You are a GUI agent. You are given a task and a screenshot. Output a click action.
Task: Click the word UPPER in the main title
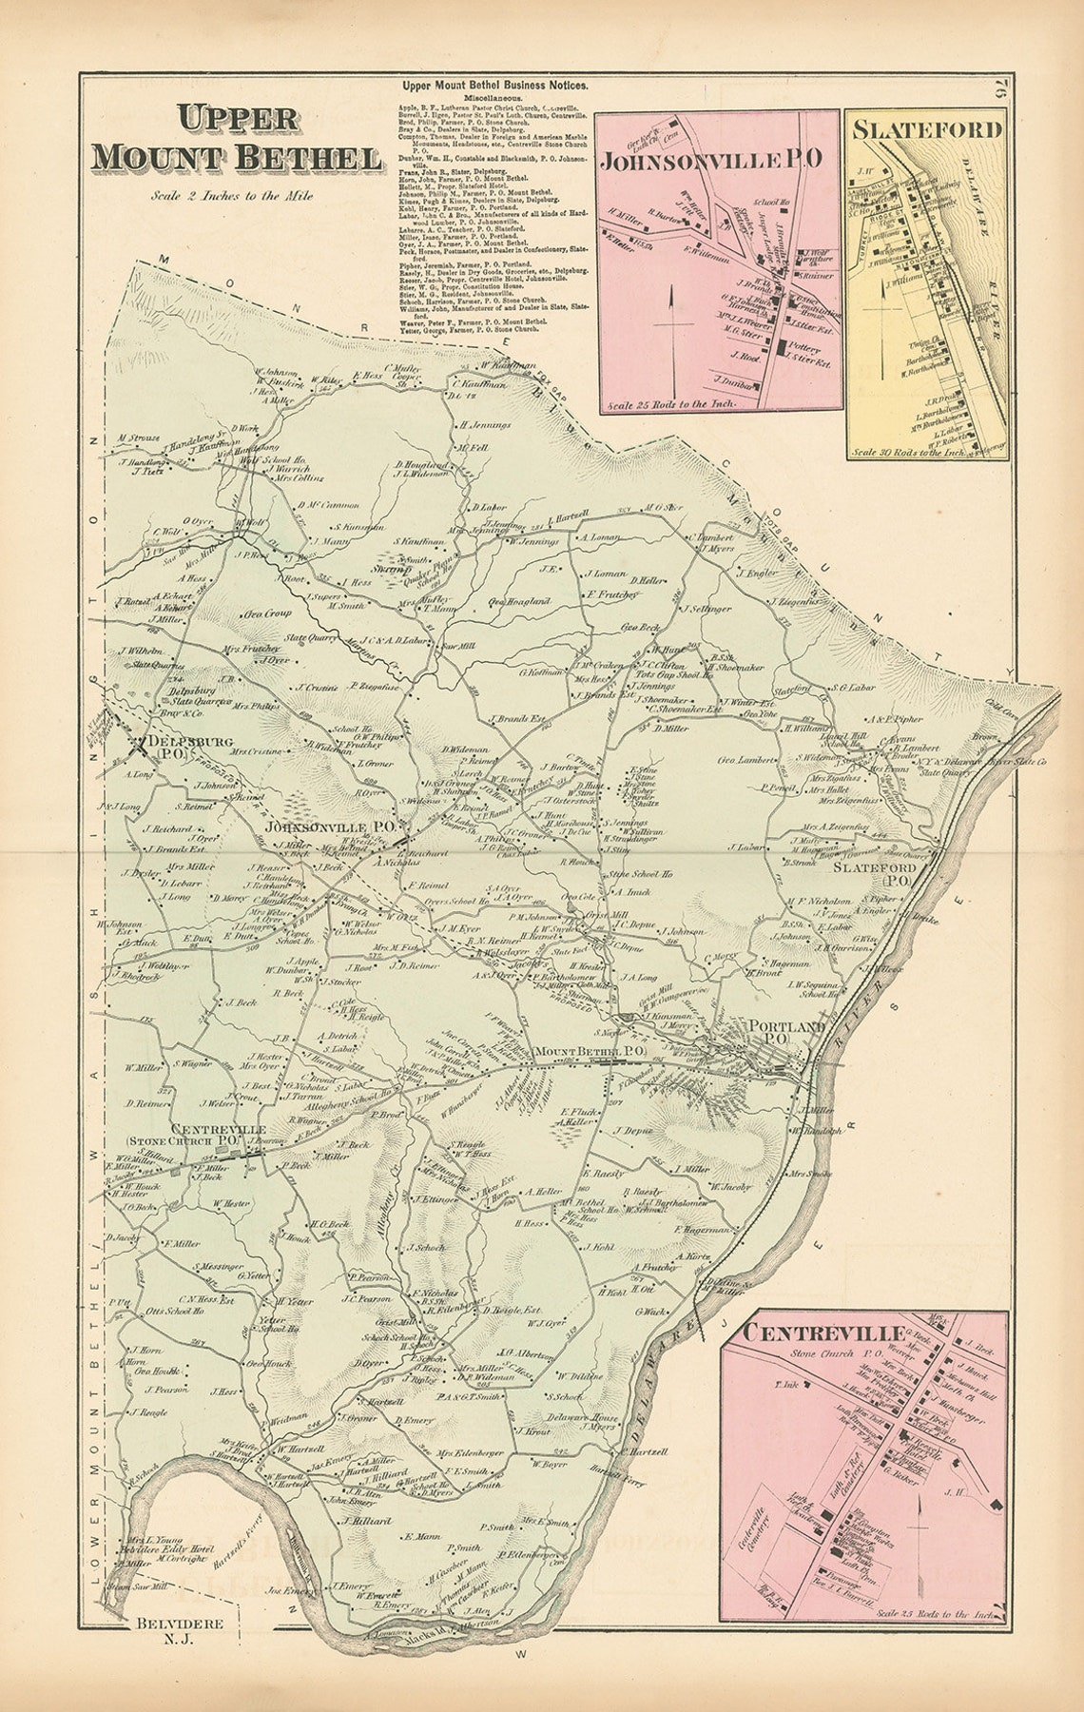(239, 121)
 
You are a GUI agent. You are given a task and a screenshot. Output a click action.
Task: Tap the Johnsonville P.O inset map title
(710, 158)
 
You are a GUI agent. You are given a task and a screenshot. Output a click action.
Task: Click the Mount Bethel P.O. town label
(590, 1051)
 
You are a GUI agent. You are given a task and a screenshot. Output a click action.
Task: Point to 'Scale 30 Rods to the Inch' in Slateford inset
(908, 453)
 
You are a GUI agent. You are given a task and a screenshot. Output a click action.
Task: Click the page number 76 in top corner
(1000, 93)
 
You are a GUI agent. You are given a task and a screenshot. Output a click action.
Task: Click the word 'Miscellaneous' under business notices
(494, 98)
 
